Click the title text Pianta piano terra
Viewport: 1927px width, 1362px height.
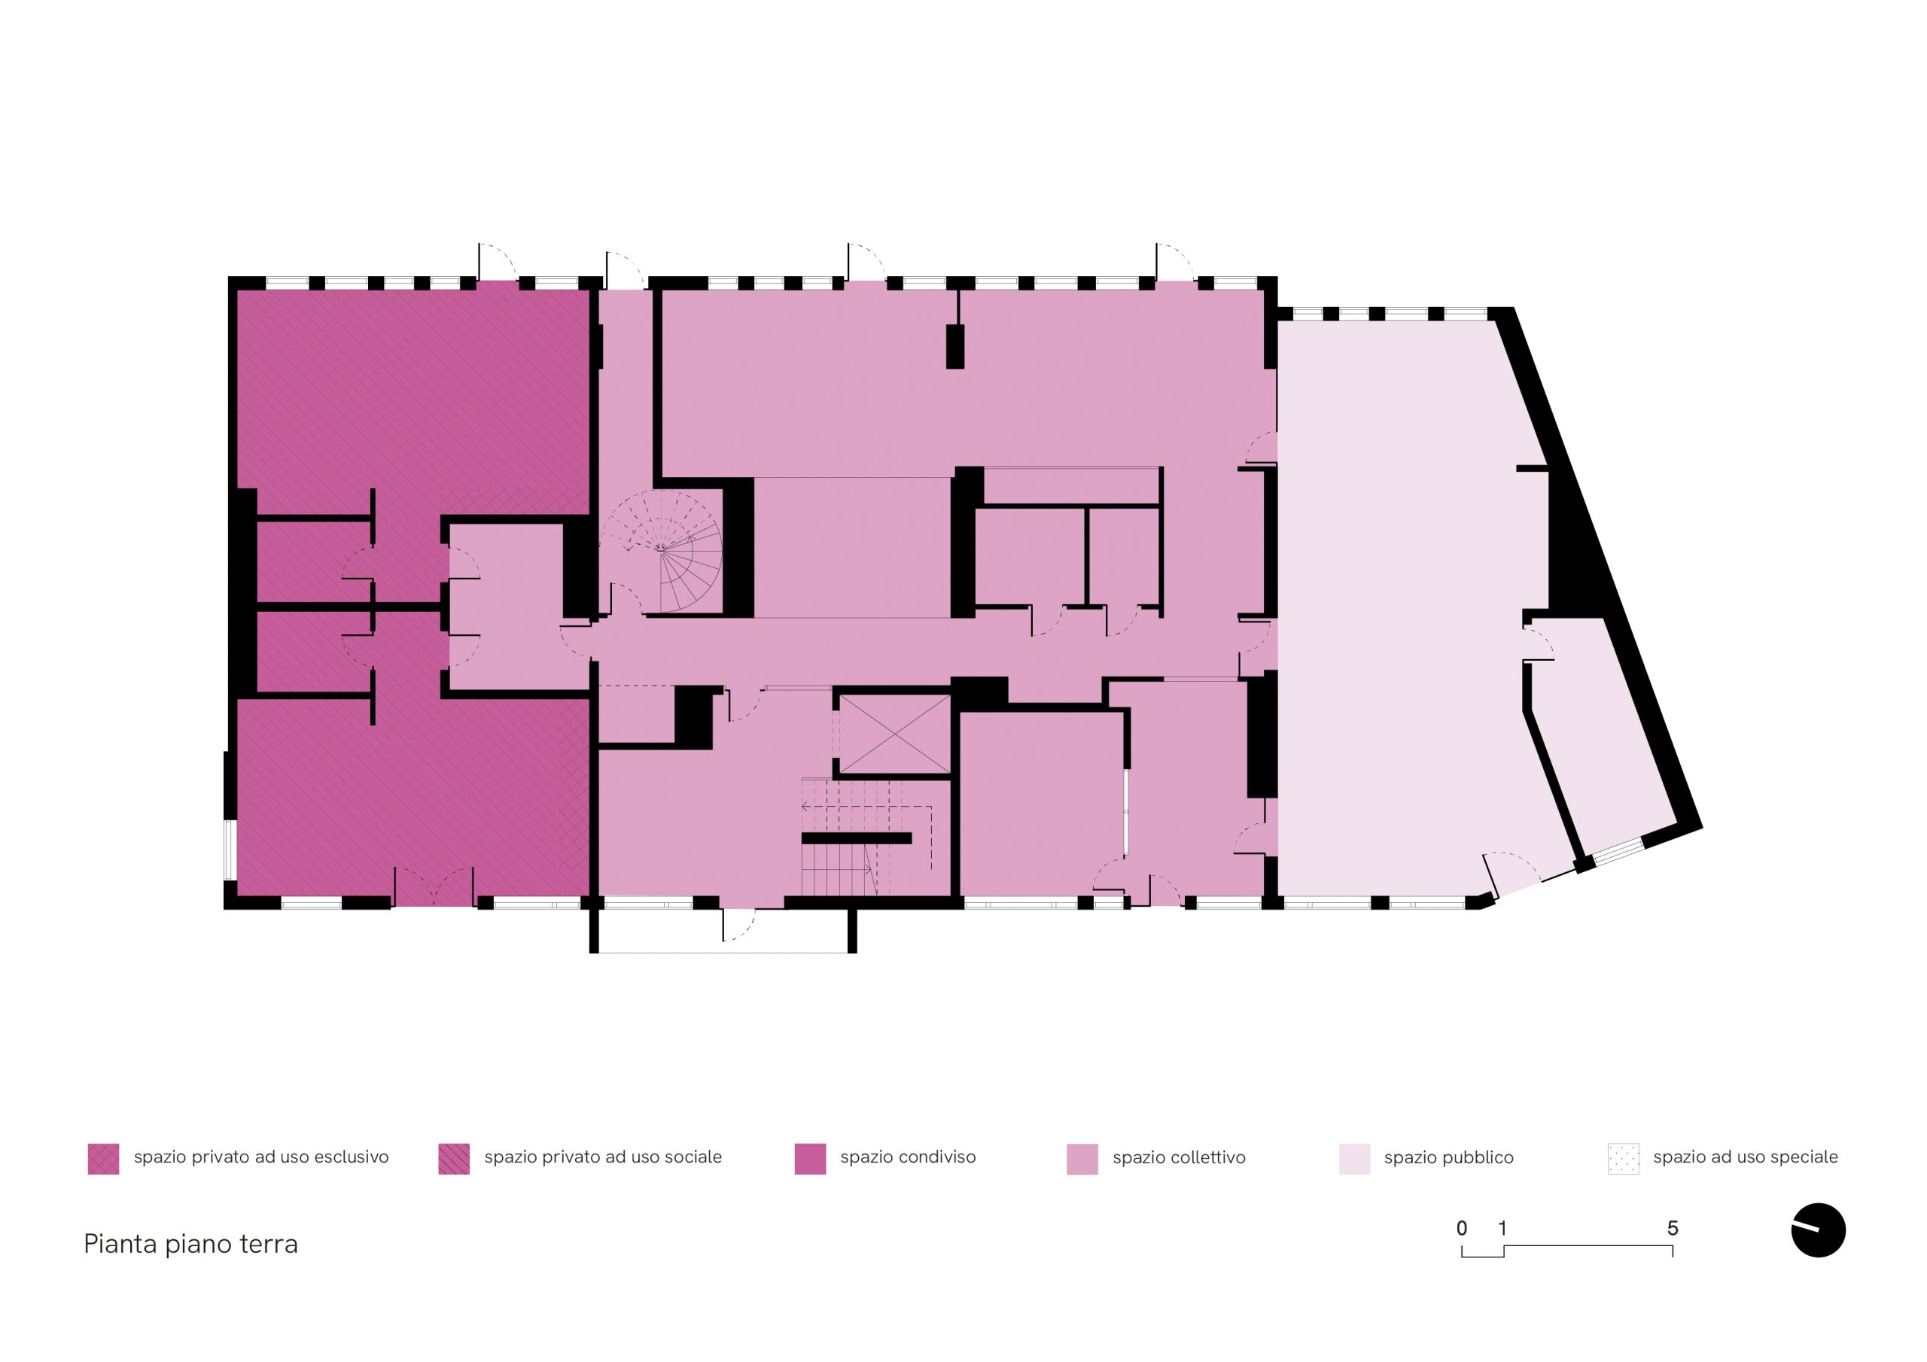tap(190, 1244)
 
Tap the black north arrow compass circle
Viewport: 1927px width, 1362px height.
tap(1818, 1231)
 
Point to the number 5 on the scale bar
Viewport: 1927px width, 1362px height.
tap(1672, 1229)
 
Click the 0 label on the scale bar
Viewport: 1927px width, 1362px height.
tap(1461, 1229)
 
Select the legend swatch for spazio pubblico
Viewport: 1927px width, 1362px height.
tap(1353, 1158)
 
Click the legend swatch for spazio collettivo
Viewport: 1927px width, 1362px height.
tap(1082, 1158)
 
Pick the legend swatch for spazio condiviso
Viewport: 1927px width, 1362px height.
tap(810, 1158)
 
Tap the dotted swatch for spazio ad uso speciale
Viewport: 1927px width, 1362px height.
tap(1623, 1158)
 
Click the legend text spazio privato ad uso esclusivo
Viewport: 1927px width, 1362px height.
tap(261, 1157)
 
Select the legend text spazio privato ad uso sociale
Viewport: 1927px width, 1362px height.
tap(603, 1157)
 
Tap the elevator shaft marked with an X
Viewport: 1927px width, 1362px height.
tap(895, 734)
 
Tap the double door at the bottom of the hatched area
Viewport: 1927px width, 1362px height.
tap(434, 887)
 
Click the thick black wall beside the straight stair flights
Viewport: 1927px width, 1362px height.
tap(856, 838)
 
